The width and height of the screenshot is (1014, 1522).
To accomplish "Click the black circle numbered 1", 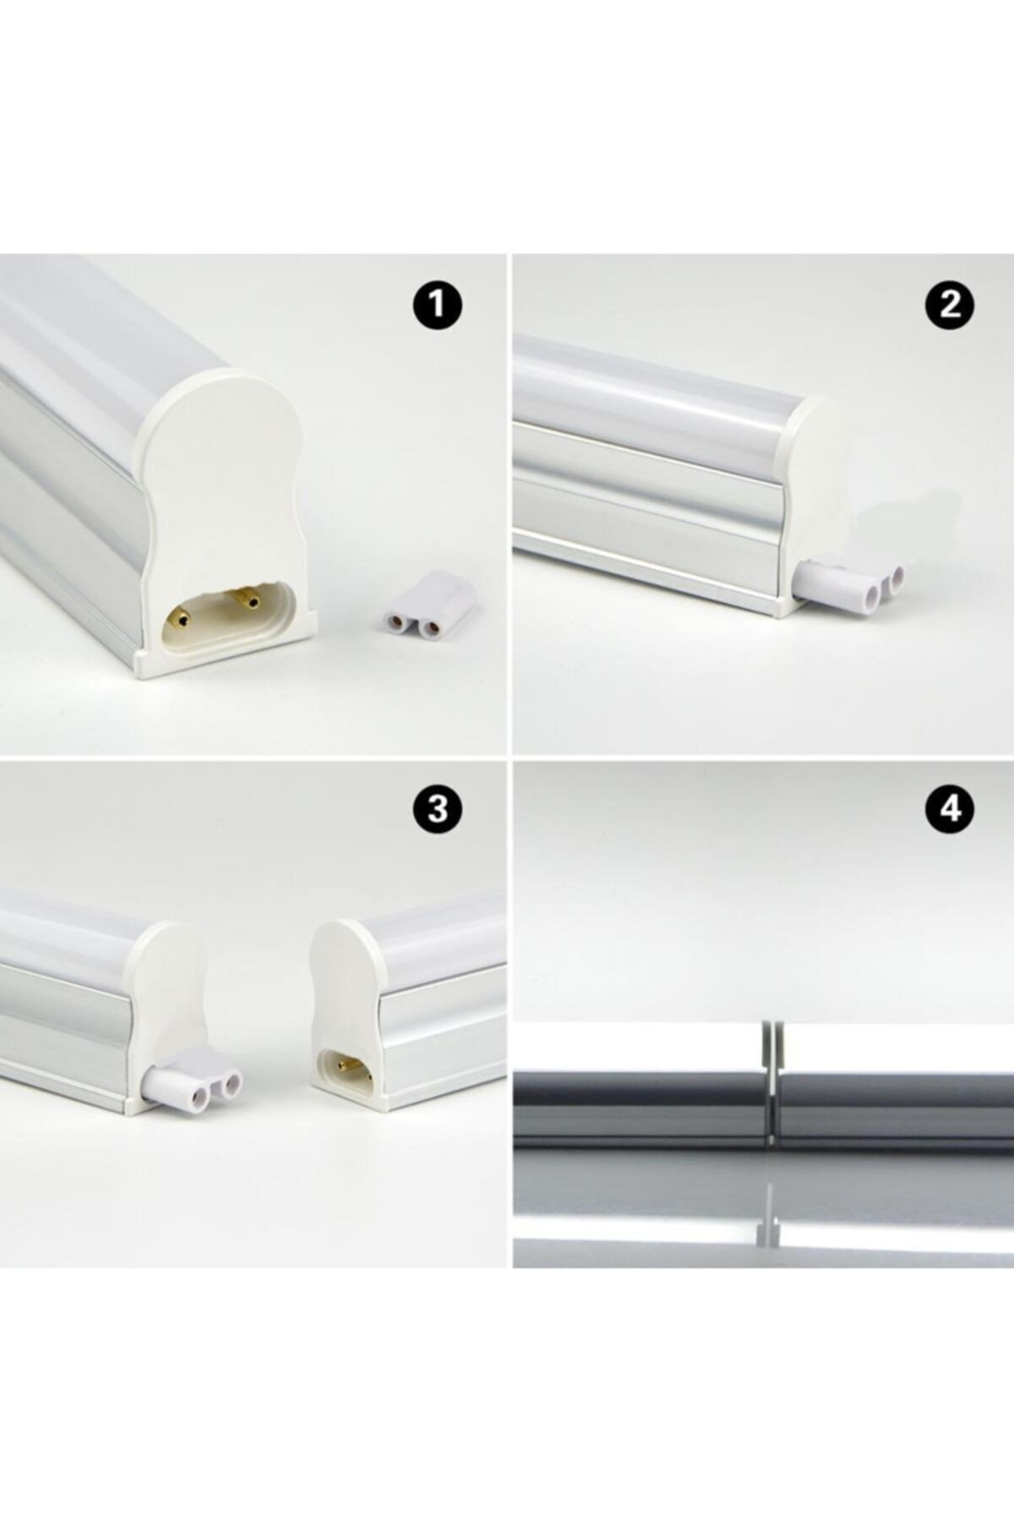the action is coord(438,304).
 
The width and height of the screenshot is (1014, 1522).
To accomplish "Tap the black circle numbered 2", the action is coord(951,304).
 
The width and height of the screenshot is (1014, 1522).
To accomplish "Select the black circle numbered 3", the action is coord(438,809).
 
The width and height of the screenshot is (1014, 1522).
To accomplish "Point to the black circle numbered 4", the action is coord(951,809).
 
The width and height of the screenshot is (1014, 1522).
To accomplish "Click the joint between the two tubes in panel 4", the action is coord(772,1091).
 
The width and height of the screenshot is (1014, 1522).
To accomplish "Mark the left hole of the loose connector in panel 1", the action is coord(393,621).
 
